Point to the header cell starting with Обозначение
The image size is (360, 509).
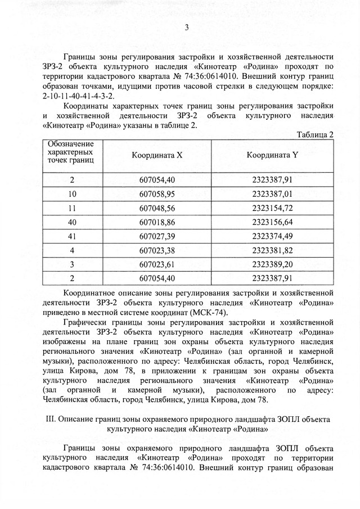point(71,153)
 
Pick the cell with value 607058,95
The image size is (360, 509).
point(157,194)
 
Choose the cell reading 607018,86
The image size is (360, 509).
point(157,222)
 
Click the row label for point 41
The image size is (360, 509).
point(72,236)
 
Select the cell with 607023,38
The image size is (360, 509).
point(157,250)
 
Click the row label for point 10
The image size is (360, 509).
point(72,194)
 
